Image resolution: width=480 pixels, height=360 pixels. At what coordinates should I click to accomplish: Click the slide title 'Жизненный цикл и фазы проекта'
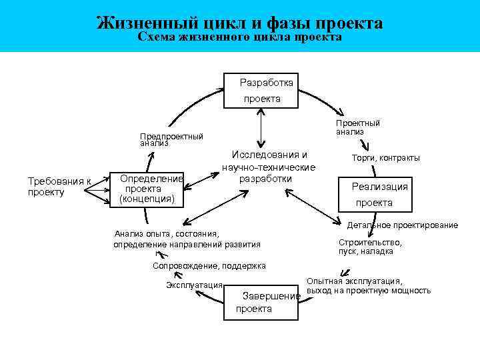[239, 23]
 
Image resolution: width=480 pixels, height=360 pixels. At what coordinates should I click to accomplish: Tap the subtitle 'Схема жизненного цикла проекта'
[239, 37]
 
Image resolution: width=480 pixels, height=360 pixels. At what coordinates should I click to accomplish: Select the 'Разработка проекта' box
[261, 90]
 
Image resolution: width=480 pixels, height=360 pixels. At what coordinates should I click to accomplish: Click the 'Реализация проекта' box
[373, 194]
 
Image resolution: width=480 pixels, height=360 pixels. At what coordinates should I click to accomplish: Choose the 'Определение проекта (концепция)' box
[151, 189]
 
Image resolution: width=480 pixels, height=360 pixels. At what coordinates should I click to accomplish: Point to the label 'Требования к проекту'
[59, 187]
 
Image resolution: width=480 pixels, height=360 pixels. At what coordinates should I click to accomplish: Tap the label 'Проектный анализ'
[357, 127]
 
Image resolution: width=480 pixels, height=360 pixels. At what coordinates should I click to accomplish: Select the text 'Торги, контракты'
[385, 158]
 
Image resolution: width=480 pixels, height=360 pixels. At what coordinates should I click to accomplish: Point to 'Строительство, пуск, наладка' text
[370, 247]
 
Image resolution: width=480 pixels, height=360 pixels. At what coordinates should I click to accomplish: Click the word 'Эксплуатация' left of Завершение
[194, 285]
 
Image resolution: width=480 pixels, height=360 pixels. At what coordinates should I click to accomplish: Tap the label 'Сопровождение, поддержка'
[209, 265]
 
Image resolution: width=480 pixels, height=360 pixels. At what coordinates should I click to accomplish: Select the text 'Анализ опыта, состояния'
[167, 233]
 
